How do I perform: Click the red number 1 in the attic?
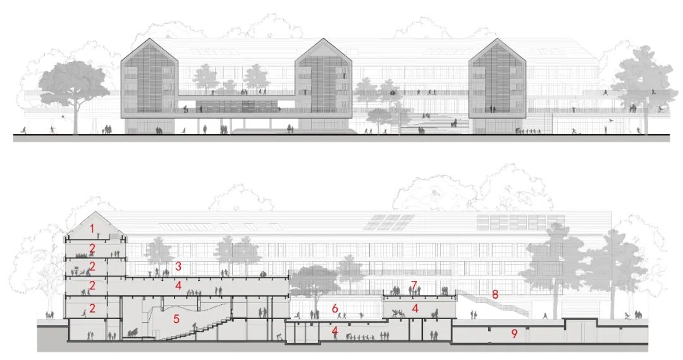coord(92,228)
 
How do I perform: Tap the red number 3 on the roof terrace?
coord(179,266)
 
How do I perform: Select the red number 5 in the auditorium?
coord(176,319)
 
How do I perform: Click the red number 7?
coord(414,285)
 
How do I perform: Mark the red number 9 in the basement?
coord(514,333)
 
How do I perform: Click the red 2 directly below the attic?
coord(92,248)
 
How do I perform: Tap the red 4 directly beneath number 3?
coord(179,286)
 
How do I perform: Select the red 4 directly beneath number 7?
coord(415,309)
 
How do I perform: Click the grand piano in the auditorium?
coord(133,333)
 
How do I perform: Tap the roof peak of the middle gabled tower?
coord(324,39)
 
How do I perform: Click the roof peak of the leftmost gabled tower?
coord(150,39)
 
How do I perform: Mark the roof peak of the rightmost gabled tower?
coord(498,39)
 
